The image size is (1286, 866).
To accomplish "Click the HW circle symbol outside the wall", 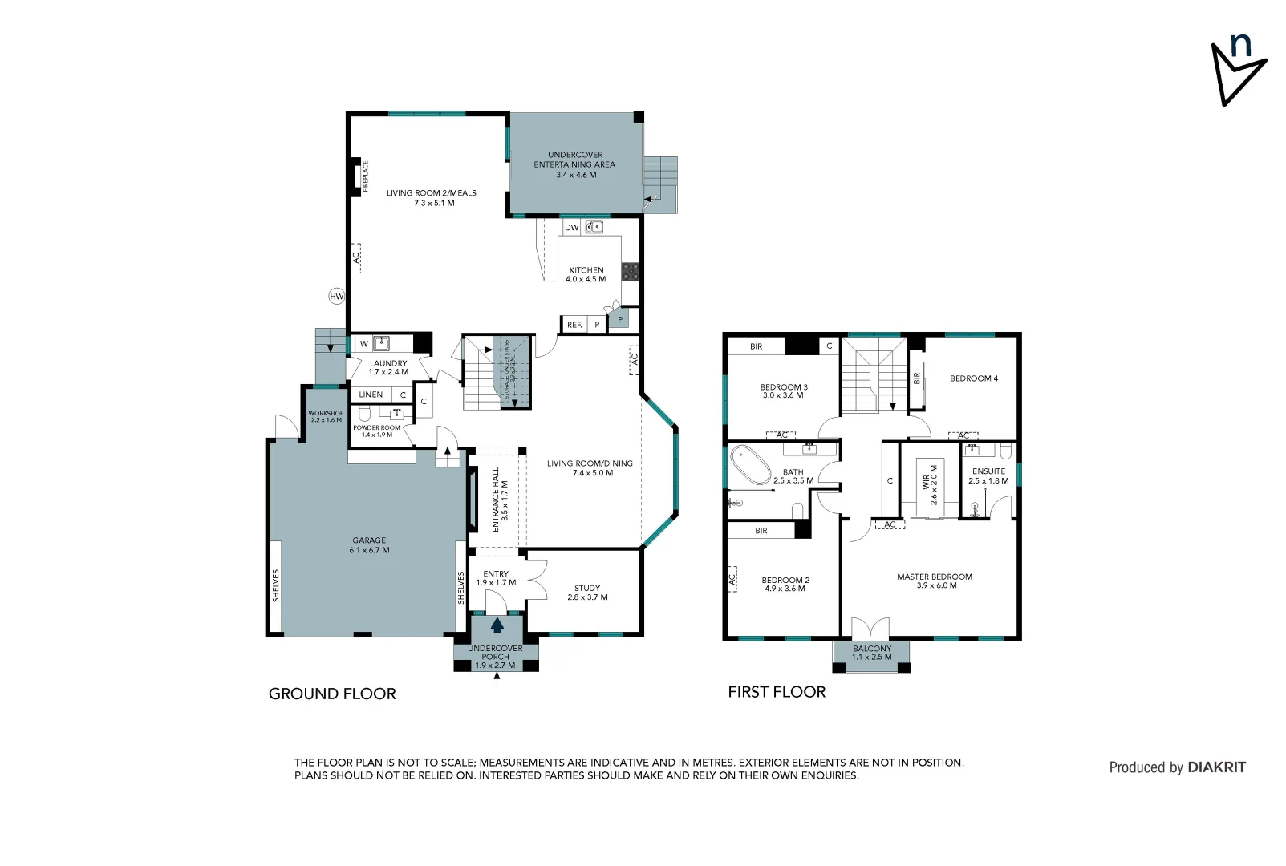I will [336, 297].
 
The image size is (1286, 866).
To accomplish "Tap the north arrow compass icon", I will [1238, 71].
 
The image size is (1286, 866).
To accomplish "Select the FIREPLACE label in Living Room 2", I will [366, 176].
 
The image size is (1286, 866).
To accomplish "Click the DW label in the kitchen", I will [571, 228].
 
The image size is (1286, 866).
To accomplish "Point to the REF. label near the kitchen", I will [574, 325].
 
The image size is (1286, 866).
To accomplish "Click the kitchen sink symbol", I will [594, 227].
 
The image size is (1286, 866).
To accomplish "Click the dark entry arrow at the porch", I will [497, 625].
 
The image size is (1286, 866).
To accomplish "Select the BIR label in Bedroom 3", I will [756, 346].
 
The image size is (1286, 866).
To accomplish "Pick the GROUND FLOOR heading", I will [332, 694].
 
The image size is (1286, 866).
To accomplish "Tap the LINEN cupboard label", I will [371, 395].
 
